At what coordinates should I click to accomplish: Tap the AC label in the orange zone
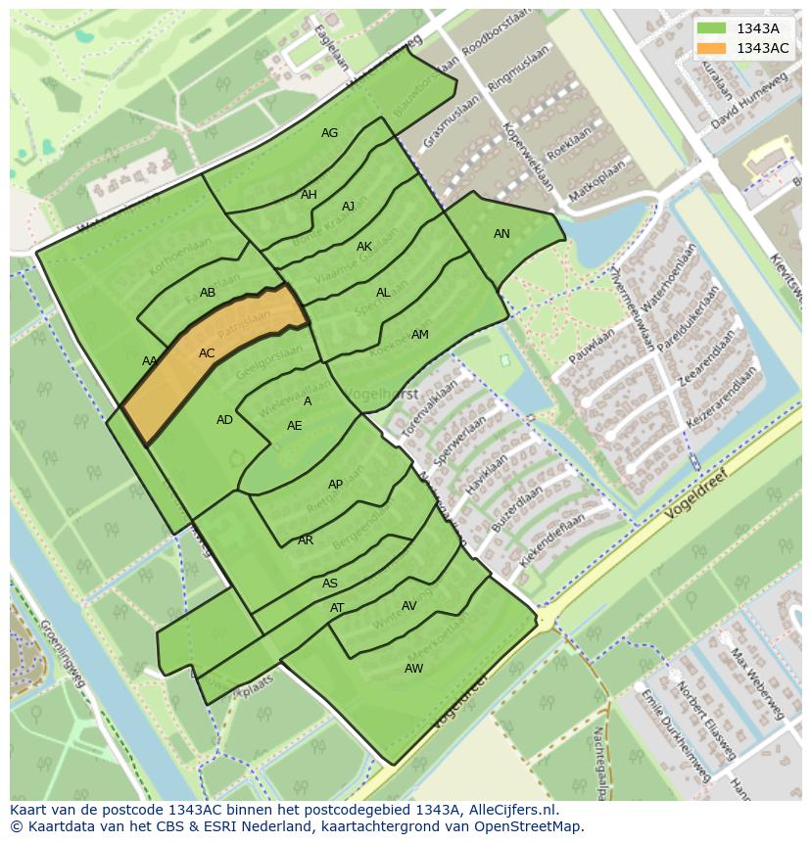(x=207, y=353)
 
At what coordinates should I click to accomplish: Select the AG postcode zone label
(x=330, y=133)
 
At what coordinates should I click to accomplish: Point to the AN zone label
(x=501, y=234)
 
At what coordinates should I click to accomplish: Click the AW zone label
(x=414, y=669)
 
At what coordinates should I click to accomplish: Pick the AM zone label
(x=420, y=335)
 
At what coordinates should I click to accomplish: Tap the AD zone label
(x=225, y=420)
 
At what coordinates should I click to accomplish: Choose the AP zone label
(x=336, y=485)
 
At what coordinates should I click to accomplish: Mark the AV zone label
(x=409, y=606)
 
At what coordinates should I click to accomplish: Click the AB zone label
(x=208, y=293)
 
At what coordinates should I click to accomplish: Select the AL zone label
(x=383, y=293)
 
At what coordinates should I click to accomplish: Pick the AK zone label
(x=364, y=247)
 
